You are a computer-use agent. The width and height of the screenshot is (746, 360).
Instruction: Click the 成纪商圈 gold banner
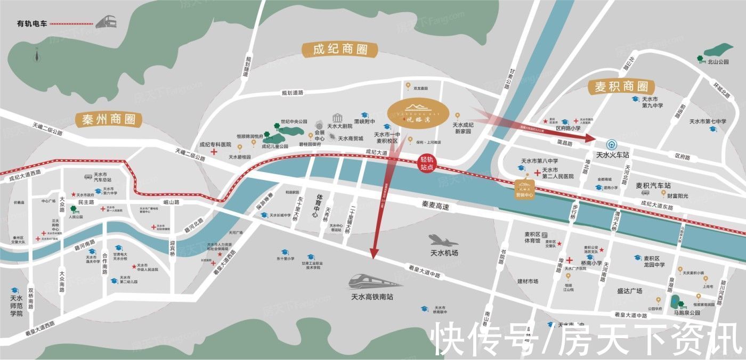(340, 50)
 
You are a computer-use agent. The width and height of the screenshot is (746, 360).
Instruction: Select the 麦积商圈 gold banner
(621, 86)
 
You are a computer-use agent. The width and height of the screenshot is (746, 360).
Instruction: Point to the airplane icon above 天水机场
(443, 241)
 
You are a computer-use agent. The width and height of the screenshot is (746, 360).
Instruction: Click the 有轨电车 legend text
(32, 23)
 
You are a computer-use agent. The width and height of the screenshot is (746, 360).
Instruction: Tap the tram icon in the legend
(107, 22)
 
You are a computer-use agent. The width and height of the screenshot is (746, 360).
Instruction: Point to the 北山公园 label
(718, 62)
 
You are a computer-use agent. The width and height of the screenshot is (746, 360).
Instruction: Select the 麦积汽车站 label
(653, 186)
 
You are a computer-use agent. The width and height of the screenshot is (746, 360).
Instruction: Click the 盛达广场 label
(629, 291)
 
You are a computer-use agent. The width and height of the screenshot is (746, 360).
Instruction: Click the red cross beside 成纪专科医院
(214, 152)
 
